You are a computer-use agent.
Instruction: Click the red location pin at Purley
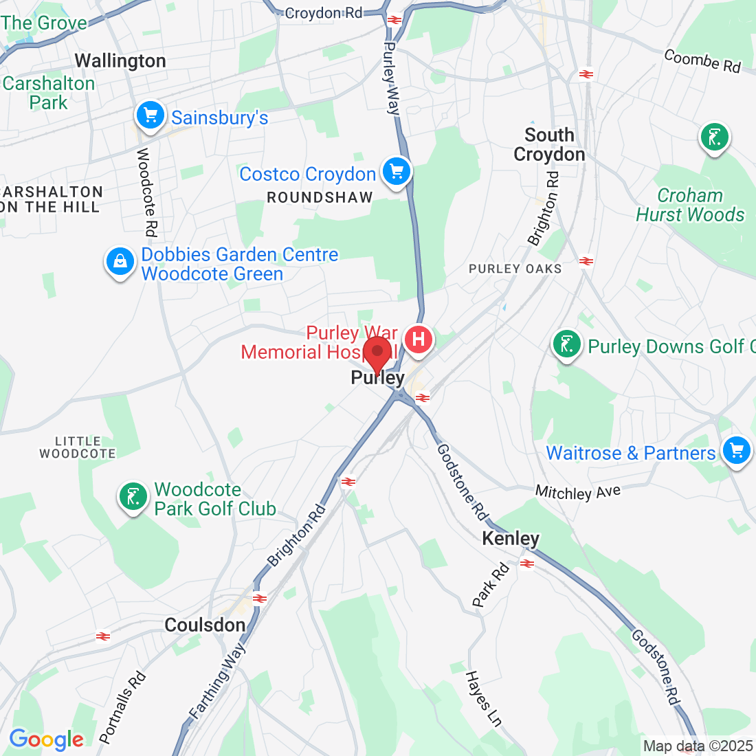(x=377, y=353)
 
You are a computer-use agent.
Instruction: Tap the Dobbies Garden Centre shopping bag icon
(x=120, y=262)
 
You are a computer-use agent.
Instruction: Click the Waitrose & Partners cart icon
(x=736, y=451)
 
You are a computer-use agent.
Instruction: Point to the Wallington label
(x=120, y=61)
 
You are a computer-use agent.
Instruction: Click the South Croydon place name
(x=549, y=144)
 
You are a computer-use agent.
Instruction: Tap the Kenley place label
(x=511, y=538)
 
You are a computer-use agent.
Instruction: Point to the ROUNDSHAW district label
(x=320, y=198)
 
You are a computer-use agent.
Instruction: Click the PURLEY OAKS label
(x=515, y=269)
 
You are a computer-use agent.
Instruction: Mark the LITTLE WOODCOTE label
(x=78, y=447)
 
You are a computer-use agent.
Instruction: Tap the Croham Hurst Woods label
(x=690, y=205)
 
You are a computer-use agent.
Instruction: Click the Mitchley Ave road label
(x=577, y=492)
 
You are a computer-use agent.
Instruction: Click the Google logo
(x=46, y=740)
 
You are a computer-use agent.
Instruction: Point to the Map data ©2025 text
(x=698, y=746)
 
